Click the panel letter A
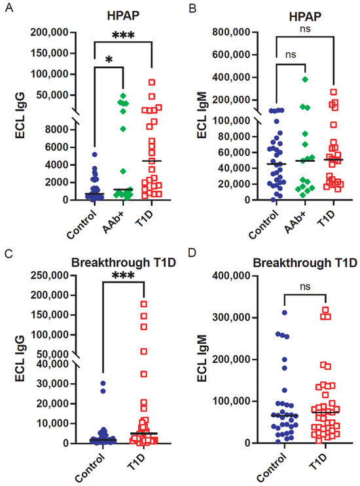pyautogui.click(x=9, y=7)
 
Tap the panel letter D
pyautogui.click(x=192, y=253)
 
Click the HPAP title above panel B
pyautogui.click(x=305, y=17)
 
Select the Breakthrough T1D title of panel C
pyautogui.click(x=124, y=263)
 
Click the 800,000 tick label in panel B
pyautogui.click(x=231, y=32)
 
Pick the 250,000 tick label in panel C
pyautogui.click(x=49, y=275)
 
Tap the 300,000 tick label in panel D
pyautogui.click(x=231, y=318)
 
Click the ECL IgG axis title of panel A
pyautogui.click(x=20, y=115)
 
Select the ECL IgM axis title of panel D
pyautogui.click(x=202, y=358)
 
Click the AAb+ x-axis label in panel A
pyautogui.click(x=113, y=223)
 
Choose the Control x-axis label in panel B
pyautogui.click(x=263, y=224)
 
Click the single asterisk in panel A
pyautogui.click(x=109, y=60)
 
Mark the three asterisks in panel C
pyautogui.click(x=123, y=275)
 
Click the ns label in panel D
pyautogui.click(x=305, y=287)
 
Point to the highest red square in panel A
pyautogui.click(x=152, y=82)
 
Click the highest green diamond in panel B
pyautogui.click(x=305, y=80)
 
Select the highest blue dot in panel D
pyautogui.click(x=285, y=312)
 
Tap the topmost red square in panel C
pyautogui.click(x=144, y=304)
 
